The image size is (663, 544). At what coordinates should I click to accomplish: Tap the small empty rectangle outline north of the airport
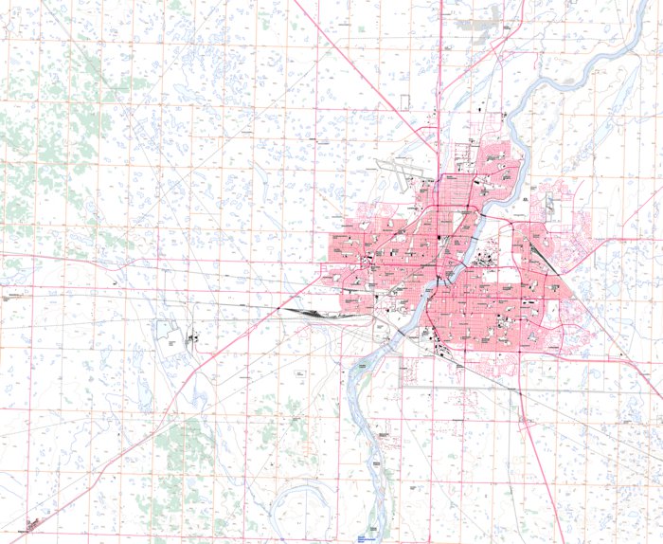click(x=404, y=101)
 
